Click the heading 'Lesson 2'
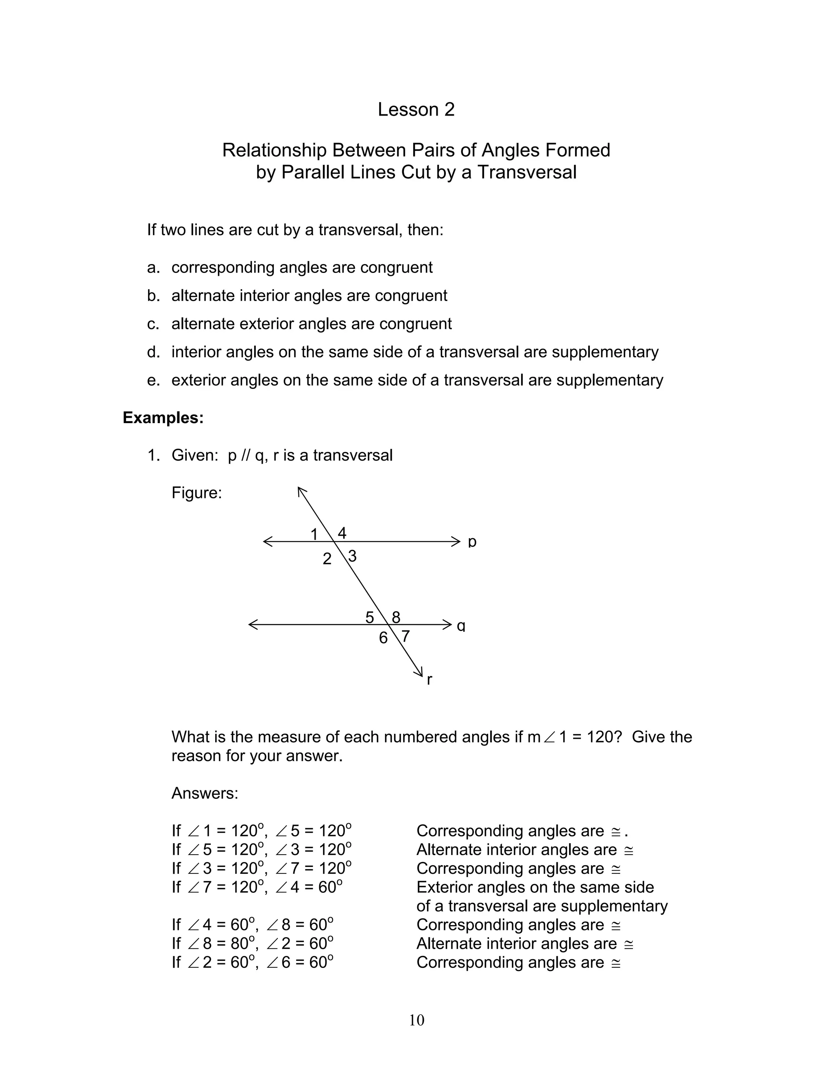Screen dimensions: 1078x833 pos(416,109)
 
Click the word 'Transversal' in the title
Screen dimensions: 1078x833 pos(527,172)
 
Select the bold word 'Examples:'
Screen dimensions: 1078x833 pos(163,418)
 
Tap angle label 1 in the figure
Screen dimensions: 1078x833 pos(314,534)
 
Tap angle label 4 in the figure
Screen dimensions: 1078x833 pos(342,532)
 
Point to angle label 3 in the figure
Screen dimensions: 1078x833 pos(352,556)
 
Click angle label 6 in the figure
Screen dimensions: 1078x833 pos(383,638)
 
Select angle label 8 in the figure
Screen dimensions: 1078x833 pos(396,617)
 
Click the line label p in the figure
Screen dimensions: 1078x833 pos(472,542)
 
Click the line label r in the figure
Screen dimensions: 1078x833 pos(430,680)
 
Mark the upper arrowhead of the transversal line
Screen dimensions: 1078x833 pos(301,490)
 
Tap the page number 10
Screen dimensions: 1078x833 pos(416,1020)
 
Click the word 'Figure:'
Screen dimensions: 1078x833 pos(196,493)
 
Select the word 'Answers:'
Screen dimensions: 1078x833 pos(205,793)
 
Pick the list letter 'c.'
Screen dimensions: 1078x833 pos(153,324)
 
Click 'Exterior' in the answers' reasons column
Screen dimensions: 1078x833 pos(447,887)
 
